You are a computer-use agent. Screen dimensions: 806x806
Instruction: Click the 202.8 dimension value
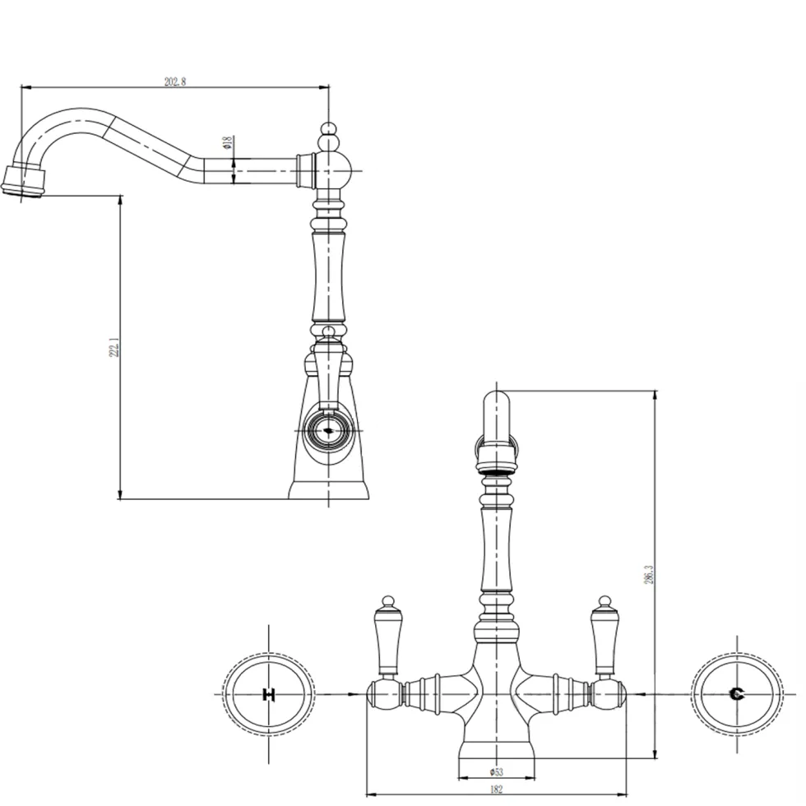click(174, 81)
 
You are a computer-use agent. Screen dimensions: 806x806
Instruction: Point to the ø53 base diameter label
click(497, 771)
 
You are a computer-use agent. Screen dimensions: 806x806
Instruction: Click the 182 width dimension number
click(496, 790)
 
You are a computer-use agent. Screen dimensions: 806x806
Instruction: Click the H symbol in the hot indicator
click(269, 694)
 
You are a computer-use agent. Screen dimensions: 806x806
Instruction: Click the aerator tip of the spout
click(24, 182)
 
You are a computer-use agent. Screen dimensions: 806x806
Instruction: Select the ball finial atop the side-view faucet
click(328, 128)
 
